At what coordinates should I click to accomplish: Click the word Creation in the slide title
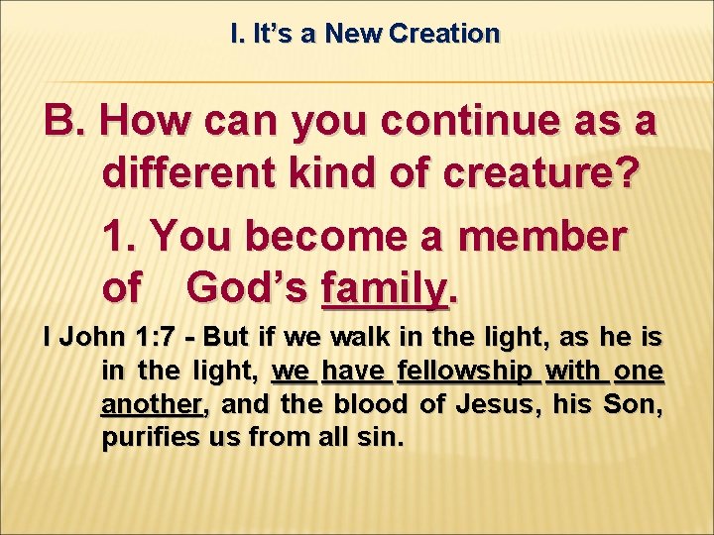pos(444,34)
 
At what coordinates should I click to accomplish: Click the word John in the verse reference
pos(89,338)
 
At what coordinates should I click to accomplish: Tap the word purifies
pos(153,438)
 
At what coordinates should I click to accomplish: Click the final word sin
pos(383,438)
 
